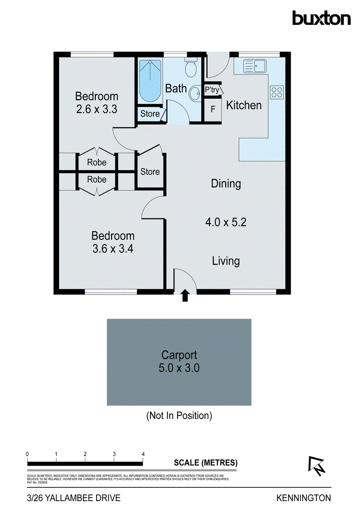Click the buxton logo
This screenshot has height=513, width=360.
321,18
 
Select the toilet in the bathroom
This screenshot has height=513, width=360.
190,68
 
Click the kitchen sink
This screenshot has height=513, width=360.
254,66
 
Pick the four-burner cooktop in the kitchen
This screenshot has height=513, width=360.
277,92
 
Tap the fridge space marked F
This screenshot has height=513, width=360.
212,109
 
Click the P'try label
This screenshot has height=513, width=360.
212,90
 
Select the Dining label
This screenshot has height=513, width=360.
226,184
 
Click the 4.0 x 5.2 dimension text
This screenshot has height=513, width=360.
226,222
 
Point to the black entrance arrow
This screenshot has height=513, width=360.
185,295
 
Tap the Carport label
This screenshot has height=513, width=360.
179,355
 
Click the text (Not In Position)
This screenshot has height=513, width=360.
179,415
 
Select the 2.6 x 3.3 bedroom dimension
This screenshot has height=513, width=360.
97,109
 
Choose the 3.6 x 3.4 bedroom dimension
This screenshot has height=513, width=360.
113,248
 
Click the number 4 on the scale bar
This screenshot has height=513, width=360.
143,454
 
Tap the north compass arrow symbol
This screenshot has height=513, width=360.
316,466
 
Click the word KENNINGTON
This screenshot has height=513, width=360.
304,498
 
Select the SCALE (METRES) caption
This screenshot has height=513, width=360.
206,463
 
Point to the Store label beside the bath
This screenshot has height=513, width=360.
150,114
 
